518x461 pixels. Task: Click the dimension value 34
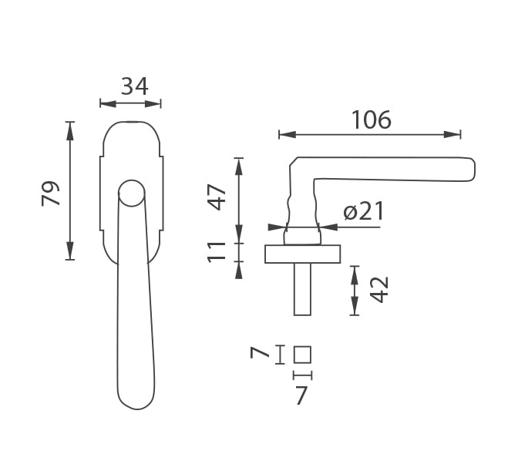pyautogui.click(x=134, y=86)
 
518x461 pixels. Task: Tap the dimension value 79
pyautogui.click(x=51, y=193)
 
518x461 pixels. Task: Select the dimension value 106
pyautogui.click(x=372, y=119)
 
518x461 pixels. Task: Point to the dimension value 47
pyautogui.click(x=218, y=197)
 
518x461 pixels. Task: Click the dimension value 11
pyautogui.click(x=217, y=252)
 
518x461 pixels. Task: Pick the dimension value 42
pyautogui.click(x=379, y=290)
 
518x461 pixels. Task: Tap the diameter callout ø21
pyautogui.click(x=363, y=211)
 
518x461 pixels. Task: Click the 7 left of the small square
pyautogui.click(x=260, y=353)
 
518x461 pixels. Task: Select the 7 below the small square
pyautogui.click(x=301, y=395)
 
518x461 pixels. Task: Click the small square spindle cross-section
pyautogui.click(x=302, y=355)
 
